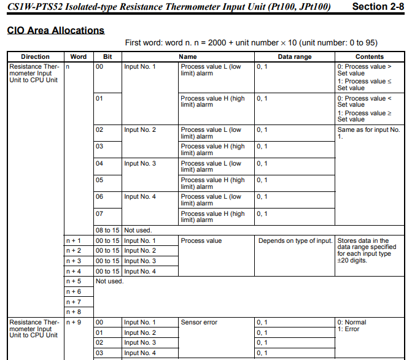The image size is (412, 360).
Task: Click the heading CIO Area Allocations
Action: click(x=55, y=30)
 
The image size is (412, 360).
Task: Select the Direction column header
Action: click(x=35, y=56)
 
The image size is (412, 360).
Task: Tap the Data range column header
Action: click(x=295, y=56)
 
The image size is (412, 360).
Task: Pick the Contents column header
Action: click(x=369, y=56)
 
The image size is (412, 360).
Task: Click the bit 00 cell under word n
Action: click(x=99, y=66)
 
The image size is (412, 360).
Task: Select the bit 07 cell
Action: click(x=99, y=213)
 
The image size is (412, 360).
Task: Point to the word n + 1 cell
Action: click(x=74, y=241)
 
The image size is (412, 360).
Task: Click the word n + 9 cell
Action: click(x=74, y=322)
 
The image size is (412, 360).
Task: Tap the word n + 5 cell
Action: click(x=74, y=281)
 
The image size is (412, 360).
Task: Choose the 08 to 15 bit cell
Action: click(x=107, y=230)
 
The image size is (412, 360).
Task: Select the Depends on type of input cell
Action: click(x=295, y=241)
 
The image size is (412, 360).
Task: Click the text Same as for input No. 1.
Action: click(x=368, y=133)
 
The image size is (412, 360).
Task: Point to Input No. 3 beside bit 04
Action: click(x=140, y=163)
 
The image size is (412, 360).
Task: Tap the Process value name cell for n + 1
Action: click(x=201, y=241)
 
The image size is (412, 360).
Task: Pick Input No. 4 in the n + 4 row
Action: click(x=140, y=271)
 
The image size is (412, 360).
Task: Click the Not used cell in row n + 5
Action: click(x=110, y=281)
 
